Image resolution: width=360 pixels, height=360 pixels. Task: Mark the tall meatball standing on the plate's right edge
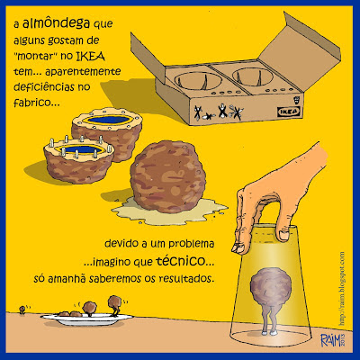pyautogui.click(x=102, y=308)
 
